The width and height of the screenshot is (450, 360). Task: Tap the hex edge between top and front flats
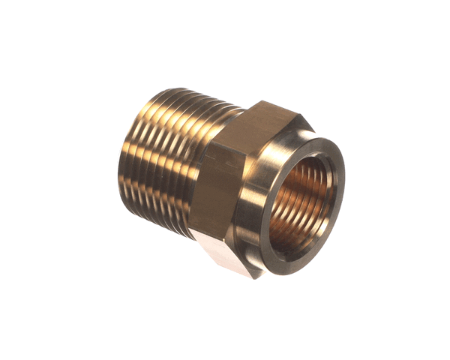point(217,139)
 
